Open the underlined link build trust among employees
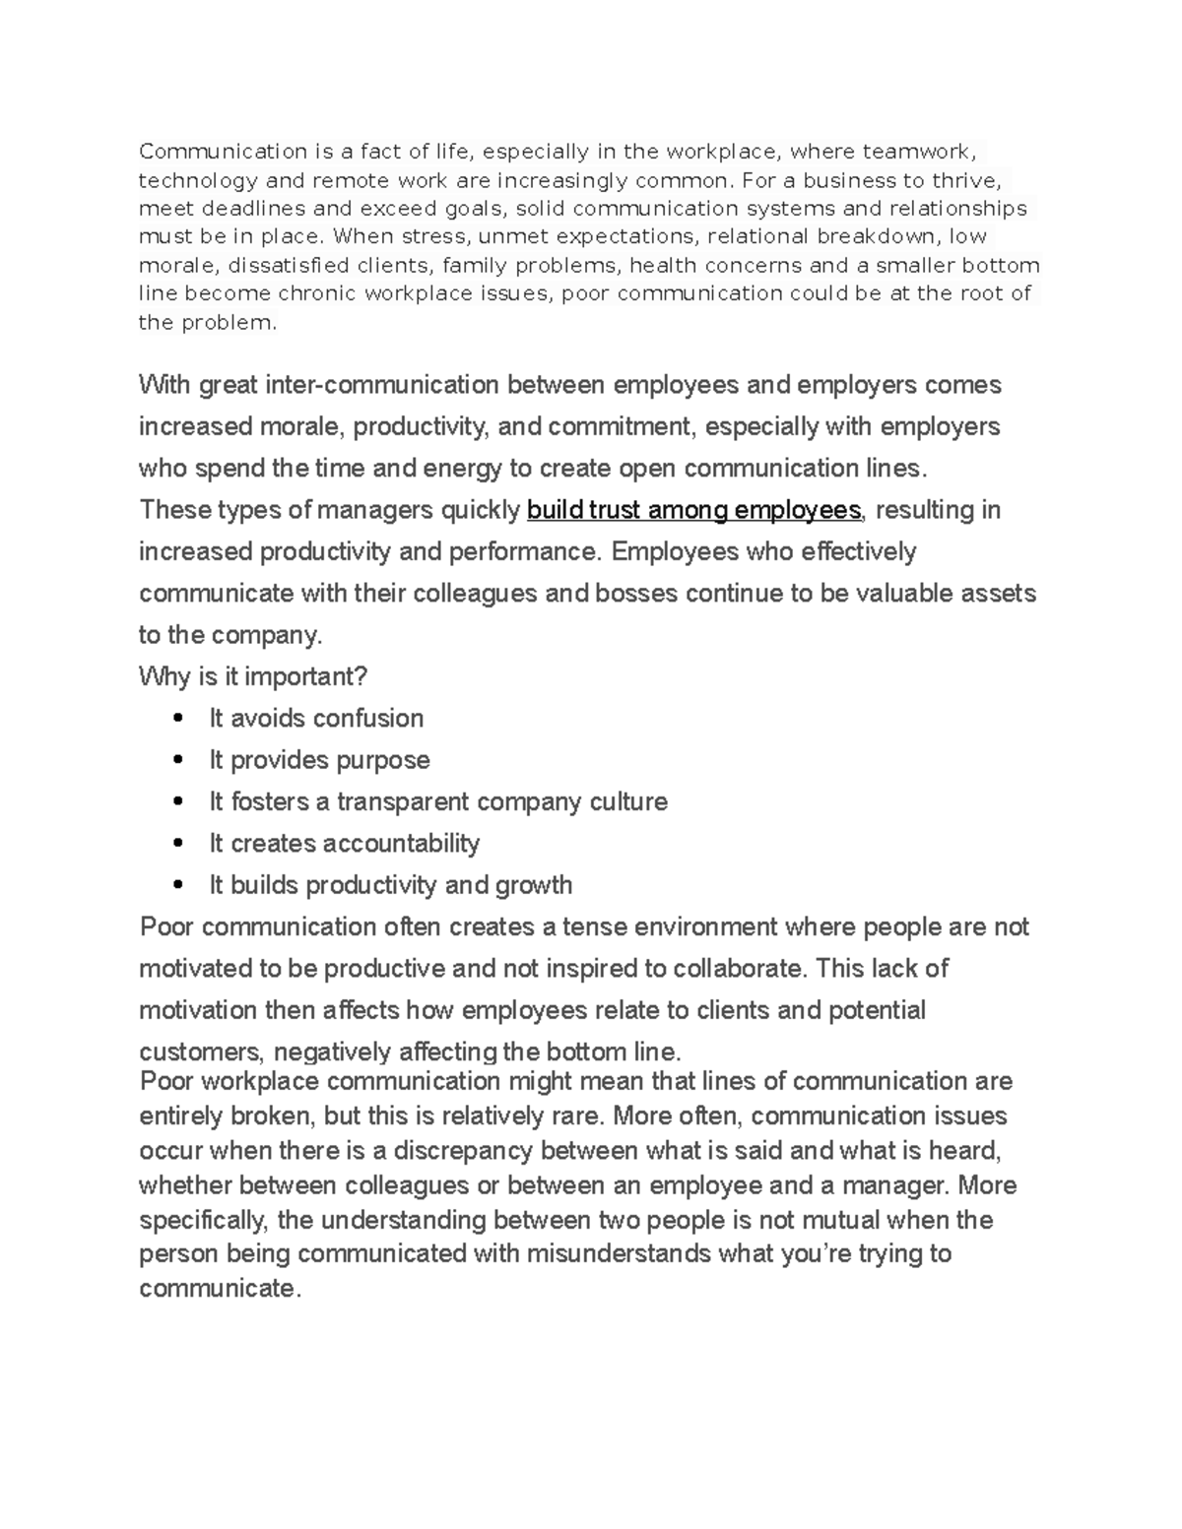[x=693, y=510]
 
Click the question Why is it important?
[x=253, y=677]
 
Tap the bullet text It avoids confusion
[x=316, y=719]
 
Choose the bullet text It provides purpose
[x=319, y=760]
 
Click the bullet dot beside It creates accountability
[x=178, y=844]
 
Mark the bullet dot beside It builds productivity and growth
[x=178, y=885]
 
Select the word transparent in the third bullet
[x=403, y=802]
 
